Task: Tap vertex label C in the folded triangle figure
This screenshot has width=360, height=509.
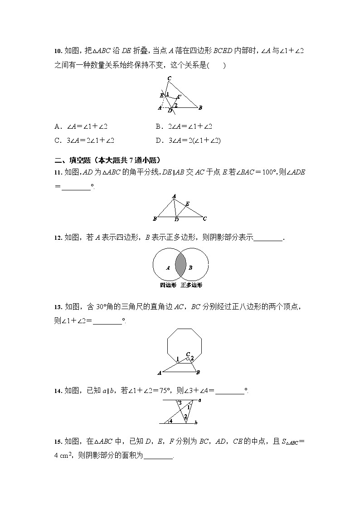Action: [x=169, y=78]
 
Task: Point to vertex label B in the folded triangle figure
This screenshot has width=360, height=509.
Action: [x=200, y=107]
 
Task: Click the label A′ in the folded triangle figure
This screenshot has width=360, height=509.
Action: [x=179, y=97]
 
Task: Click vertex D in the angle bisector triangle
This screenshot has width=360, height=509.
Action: [x=176, y=220]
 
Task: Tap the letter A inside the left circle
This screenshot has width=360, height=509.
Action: [x=168, y=268]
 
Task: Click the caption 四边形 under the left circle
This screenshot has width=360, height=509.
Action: [x=168, y=285]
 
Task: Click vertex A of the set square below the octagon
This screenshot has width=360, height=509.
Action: [x=159, y=373]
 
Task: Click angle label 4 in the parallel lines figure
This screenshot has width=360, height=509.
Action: [x=170, y=421]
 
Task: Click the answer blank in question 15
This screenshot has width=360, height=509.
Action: [x=159, y=456]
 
